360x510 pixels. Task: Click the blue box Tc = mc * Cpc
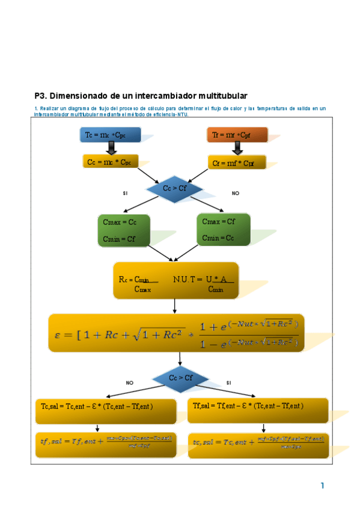click(110, 135)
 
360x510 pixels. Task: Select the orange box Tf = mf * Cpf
click(237, 135)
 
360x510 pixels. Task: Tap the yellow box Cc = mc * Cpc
click(110, 161)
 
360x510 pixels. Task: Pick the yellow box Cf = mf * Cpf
click(236, 162)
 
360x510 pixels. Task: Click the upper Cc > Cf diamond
click(174, 189)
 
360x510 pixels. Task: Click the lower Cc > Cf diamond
click(180, 378)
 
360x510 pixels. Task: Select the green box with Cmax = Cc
click(124, 230)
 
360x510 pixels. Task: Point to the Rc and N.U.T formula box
click(175, 280)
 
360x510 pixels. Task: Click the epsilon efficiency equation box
click(176, 333)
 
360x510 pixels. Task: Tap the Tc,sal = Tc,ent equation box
click(106, 411)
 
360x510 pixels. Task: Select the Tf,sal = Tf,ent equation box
click(258, 411)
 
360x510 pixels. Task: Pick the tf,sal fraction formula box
click(106, 445)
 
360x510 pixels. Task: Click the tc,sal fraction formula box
click(258, 446)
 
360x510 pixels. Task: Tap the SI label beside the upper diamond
click(125, 194)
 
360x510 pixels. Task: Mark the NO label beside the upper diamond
click(236, 194)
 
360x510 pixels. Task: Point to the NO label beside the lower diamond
click(129, 382)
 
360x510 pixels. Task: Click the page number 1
click(323, 485)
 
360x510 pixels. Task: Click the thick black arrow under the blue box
click(111, 148)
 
